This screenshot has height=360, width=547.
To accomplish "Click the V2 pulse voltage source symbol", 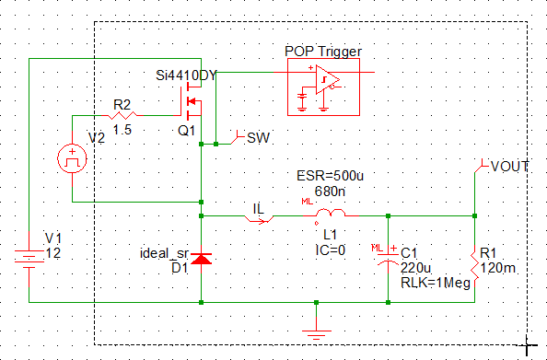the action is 72,158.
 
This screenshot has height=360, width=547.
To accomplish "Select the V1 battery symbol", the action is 29,260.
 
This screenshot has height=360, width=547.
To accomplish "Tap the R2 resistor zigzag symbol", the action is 122,115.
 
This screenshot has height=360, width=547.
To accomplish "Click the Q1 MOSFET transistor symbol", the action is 191,101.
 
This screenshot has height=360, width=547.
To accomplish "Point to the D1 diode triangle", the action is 202,259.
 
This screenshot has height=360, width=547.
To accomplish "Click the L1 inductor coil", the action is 331,213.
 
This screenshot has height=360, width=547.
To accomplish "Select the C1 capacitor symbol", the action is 388,258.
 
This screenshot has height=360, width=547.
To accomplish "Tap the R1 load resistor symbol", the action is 475,267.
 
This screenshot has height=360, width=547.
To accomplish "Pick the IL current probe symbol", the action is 259,219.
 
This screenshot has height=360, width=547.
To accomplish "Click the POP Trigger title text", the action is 323,52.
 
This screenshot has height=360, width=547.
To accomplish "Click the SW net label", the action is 258,138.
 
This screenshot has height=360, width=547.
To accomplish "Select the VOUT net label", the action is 509,167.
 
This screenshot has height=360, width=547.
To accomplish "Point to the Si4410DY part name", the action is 186,75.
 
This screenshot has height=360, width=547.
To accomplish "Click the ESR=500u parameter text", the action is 330,176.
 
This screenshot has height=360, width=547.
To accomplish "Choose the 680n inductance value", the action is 330,192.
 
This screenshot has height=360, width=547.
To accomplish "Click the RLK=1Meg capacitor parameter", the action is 436,284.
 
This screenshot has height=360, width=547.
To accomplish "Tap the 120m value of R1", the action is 498,268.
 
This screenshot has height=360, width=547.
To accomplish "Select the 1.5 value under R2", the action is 122,130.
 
